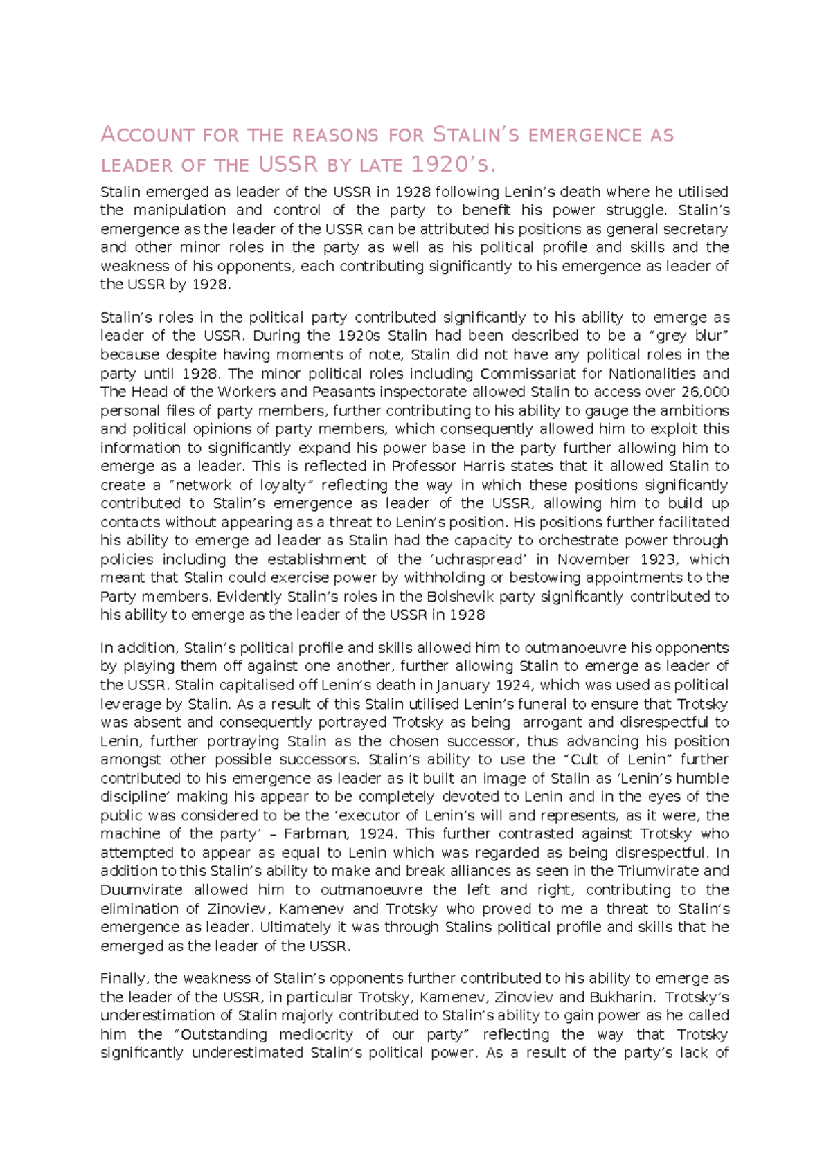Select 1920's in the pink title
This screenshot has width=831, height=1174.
[x=453, y=165]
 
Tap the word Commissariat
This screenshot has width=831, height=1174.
[x=528, y=374]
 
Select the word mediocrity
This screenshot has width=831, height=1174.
[x=316, y=1035]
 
